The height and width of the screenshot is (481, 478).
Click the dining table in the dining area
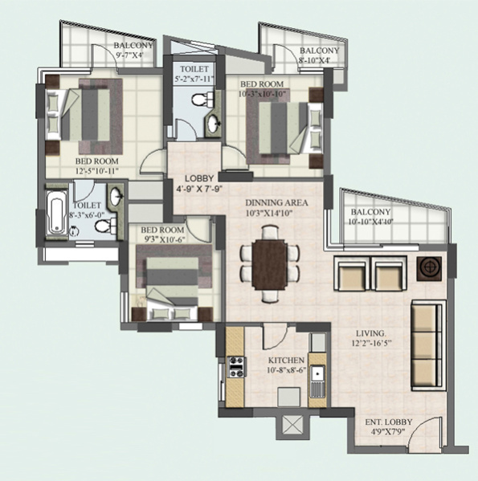[x=270, y=264]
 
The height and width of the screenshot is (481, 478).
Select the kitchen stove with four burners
[x=236, y=367]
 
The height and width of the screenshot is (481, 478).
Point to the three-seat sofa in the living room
[x=428, y=345]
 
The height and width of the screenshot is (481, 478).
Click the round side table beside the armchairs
[x=429, y=268]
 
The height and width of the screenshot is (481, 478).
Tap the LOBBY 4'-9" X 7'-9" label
[x=199, y=183]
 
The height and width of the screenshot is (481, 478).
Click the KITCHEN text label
[x=286, y=360]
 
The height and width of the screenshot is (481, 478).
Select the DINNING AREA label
[x=276, y=203]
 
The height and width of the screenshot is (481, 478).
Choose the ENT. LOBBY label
[x=388, y=422]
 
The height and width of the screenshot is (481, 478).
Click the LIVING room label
[x=371, y=333]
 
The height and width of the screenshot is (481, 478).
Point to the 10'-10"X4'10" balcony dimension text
[x=370, y=222]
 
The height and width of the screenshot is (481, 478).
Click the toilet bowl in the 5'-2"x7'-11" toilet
[x=202, y=99]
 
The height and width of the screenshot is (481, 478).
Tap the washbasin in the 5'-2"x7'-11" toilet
[x=214, y=124]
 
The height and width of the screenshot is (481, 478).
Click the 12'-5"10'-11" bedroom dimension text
[x=97, y=171]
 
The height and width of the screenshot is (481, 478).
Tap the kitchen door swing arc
[x=276, y=336]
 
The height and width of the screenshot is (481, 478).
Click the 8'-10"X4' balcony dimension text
[x=314, y=60]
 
